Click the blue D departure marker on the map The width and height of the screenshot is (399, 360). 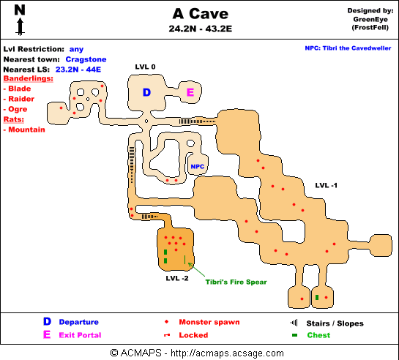(x=147, y=92)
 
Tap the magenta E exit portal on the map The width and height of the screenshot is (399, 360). (x=190, y=91)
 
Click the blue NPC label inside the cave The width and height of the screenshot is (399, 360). (x=198, y=167)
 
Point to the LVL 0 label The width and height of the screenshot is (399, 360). (x=145, y=67)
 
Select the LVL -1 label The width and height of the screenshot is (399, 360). (x=327, y=185)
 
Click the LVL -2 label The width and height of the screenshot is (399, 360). (x=177, y=278)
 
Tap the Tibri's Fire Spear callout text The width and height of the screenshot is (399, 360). (x=236, y=282)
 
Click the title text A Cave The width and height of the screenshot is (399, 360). (x=201, y=14)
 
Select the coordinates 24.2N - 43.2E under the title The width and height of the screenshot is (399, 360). (x=201, y=29)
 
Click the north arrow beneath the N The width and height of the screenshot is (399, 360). (x=20, y=26)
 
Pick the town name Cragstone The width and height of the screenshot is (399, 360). (x=86, y=59)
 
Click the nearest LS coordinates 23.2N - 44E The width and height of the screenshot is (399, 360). (x=78, y=70)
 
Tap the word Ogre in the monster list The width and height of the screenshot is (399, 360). (x=18, y=109)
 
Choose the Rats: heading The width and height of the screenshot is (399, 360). (x=14, y=119)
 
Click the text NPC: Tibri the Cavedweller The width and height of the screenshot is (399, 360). (x=348, y=48)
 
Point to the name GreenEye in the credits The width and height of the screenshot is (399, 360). (x=370, y=19)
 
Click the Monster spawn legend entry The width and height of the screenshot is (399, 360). (x=209, y=322)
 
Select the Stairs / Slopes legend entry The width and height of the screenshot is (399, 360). (x=335, y=323)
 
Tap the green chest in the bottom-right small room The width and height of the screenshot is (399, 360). (x=317, y=297)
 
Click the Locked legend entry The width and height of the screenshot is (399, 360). (x=193, y=335)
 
